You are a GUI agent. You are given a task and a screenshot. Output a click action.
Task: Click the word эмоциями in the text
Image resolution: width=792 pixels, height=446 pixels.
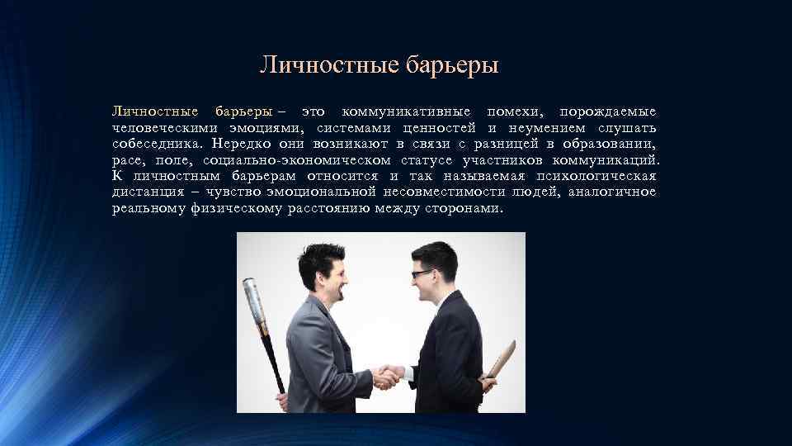(x=265, y=127)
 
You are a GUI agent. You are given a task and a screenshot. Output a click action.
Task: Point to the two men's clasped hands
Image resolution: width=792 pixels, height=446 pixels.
(x=388, y=377)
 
